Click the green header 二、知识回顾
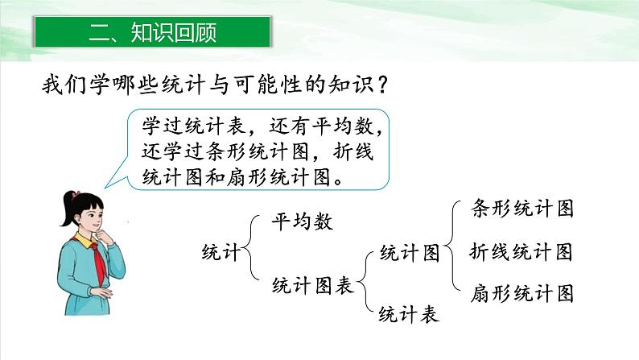pos(153,33)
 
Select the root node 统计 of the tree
pos(220,252)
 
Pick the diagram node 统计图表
pos(313,283)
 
